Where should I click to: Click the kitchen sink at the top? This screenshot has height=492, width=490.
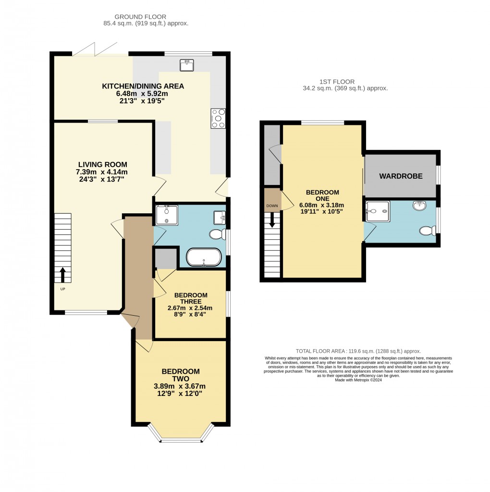186,65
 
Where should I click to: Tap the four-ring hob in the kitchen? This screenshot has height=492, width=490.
217,119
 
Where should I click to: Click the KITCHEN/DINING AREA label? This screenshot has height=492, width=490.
143,86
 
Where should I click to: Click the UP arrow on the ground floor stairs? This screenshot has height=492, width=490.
62,275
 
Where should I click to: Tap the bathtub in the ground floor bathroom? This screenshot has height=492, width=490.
204,258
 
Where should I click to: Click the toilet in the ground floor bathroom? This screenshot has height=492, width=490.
218,234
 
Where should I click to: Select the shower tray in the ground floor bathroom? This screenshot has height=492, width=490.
166,215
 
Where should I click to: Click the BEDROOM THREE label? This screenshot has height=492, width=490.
191,298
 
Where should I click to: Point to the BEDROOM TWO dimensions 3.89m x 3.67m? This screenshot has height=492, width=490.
181,386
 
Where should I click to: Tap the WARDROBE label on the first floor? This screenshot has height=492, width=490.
401,176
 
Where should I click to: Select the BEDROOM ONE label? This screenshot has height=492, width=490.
322,196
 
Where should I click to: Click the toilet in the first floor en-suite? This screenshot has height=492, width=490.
427,231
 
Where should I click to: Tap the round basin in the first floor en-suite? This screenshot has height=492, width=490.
419,206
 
